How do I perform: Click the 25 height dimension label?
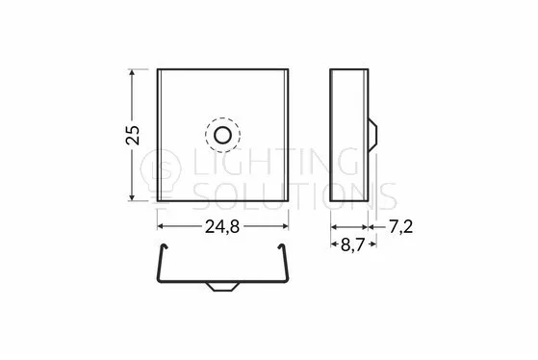point(133,135)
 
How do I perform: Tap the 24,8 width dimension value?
point(222,226)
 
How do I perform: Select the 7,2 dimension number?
point(400,227)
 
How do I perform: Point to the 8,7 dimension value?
point(352,244)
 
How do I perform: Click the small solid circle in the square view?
point(222,135)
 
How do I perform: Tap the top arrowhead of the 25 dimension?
point(132,72)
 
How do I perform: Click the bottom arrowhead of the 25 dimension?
point(132,197)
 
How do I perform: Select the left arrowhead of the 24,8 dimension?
point(161,226)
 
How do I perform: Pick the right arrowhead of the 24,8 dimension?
point(285,226)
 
